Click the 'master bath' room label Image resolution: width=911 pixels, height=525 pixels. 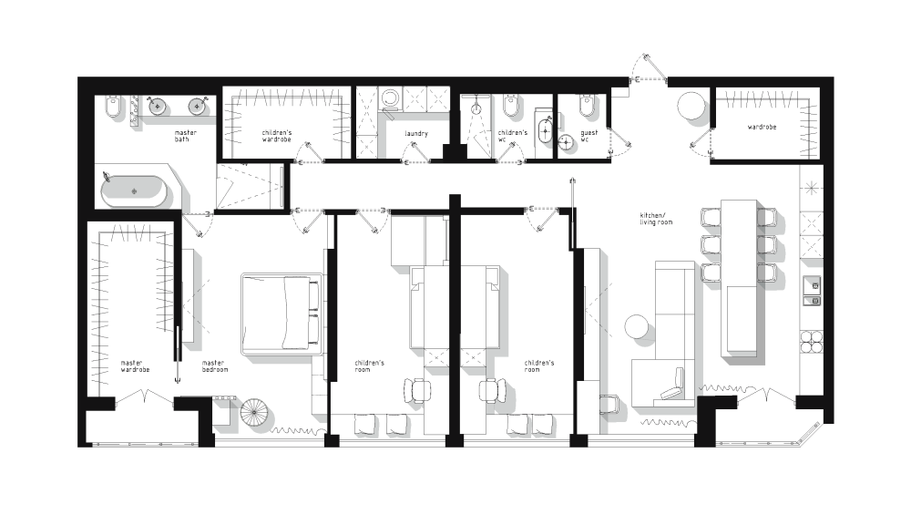tap(185, 136)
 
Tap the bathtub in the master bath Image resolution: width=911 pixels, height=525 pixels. tap(134, 191)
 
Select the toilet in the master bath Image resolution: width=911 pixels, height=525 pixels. tap(114, 107)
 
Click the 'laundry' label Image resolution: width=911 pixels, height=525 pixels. tap(416, 134)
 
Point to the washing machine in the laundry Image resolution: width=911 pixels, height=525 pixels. tap(389, 98)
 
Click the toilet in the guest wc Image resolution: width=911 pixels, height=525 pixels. tap(587, 105)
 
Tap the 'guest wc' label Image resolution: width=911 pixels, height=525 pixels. tap(589, 136)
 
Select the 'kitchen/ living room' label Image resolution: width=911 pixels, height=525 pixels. tap(656, 219)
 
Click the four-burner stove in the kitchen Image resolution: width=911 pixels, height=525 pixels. tap(811, 341)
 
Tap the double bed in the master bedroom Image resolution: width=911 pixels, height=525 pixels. tap(281, 314)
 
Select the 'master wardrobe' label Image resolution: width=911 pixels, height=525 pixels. tap(135, 366)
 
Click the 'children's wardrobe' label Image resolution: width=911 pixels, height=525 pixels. tap(277, 136)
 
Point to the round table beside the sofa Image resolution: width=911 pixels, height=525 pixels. tap(638, 326)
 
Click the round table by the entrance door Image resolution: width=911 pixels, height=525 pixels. tap(692, 107)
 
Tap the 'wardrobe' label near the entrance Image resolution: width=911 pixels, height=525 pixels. tap(762, 127)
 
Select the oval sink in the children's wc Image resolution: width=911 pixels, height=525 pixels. tap(546, 131)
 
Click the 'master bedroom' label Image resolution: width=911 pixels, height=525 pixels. tap(215, 366)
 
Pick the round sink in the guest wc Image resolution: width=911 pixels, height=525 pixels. tap(567, 142)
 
